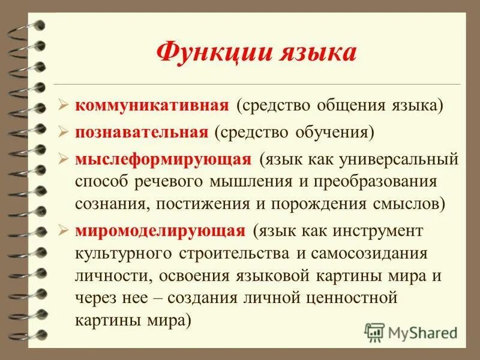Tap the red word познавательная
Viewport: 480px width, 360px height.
tap(142, 132)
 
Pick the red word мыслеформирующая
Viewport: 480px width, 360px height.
tap(163, 159)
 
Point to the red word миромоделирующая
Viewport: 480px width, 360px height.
tap(160, 230)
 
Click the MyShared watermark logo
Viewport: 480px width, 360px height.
tap(410, 331)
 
